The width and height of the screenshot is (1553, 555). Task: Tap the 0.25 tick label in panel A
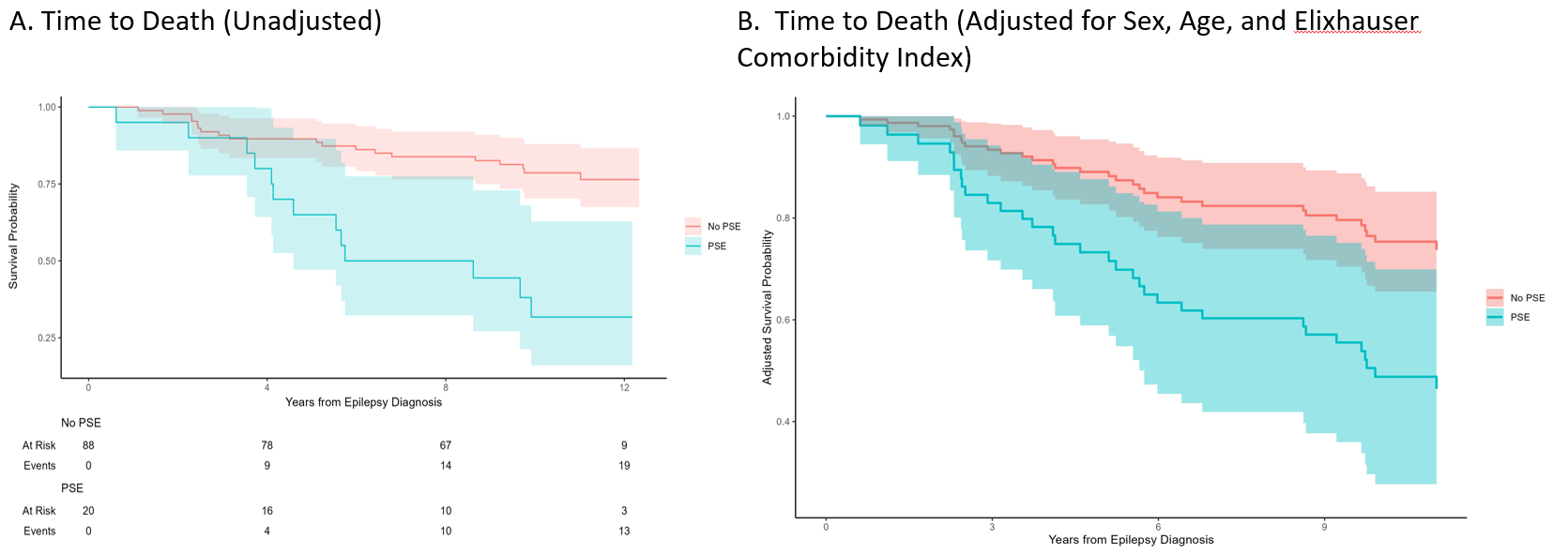(x=48, y=338)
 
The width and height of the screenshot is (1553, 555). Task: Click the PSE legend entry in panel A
(x=716, y=247)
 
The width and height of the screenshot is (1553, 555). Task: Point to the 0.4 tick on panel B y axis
(x=783, y=422)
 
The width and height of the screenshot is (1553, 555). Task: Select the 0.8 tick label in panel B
(x=783, y=218)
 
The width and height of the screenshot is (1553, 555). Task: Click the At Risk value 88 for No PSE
(x=88, y=445)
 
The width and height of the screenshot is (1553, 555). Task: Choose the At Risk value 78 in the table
(x=267, y=445)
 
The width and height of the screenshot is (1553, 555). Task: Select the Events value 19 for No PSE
(x=624, y=466)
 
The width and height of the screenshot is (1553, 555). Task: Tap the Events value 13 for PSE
(x=624, y=532)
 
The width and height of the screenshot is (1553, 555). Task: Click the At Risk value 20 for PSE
(x=88, y=511)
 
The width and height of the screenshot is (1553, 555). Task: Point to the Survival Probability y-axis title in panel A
(x=14, y=236)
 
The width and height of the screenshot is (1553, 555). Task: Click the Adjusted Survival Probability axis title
(x=767, y=308)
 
